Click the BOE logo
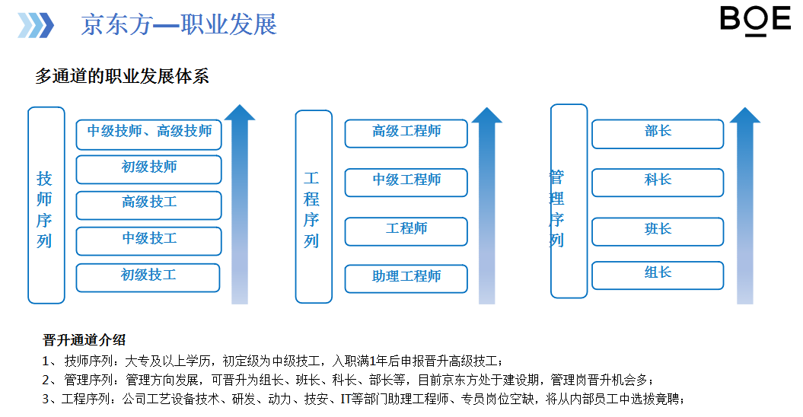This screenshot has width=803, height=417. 755,21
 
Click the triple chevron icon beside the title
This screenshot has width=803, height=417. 36,25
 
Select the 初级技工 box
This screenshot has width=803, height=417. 148,278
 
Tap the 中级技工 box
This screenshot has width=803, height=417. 148,240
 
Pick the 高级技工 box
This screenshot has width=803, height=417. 148,205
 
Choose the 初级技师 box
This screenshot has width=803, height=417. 148,169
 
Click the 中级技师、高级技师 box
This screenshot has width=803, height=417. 148,134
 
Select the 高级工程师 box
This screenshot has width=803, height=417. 406,133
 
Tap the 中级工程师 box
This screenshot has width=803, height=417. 406,183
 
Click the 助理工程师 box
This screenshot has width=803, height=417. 406,279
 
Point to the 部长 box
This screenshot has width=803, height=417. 658,134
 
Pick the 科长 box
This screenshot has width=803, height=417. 658,183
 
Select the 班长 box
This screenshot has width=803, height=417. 658,231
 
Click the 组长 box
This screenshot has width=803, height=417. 658,275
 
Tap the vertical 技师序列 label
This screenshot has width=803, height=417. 44,209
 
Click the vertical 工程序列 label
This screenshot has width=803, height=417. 311,209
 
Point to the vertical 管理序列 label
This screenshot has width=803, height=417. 556,208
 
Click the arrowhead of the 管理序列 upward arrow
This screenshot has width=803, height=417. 744,115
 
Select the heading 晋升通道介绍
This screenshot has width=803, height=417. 84,339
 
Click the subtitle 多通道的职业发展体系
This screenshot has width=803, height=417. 122,76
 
